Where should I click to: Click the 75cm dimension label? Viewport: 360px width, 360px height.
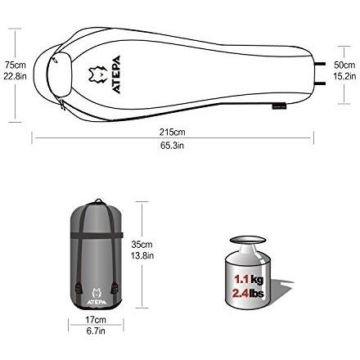(16, 65)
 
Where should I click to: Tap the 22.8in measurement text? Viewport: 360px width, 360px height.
(15, 76)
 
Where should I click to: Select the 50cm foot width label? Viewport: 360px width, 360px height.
(344, 65)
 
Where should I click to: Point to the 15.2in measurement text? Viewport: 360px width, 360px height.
(344, 76)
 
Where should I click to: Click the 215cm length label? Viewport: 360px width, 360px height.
(173, 132)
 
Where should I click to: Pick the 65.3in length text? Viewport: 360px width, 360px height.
(172, 146)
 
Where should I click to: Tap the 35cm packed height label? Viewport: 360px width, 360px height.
(142, 244)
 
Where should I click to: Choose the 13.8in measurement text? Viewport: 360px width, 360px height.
(142, 255)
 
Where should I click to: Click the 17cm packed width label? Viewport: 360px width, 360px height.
(96, 319)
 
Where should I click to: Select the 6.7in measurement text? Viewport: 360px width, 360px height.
(96, 331)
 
